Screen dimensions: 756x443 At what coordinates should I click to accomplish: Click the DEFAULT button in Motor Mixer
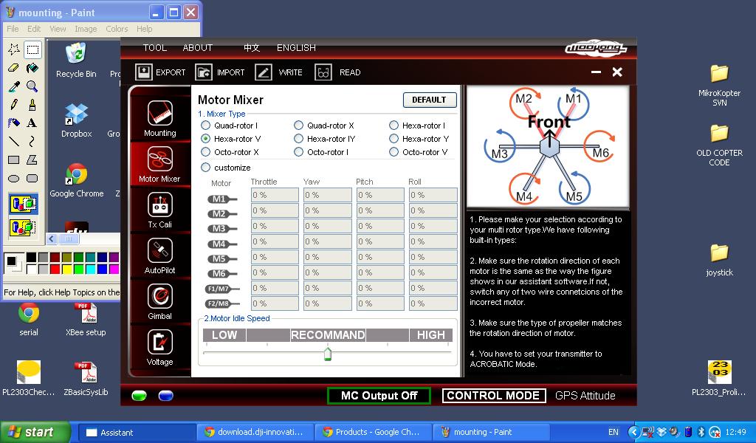point(429,100)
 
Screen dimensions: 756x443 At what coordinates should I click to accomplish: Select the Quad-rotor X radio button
point(298,126)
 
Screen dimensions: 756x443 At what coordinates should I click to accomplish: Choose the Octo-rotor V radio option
point(394,152)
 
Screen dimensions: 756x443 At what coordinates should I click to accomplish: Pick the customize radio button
point(205,168)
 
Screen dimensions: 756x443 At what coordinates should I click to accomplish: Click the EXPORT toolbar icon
point(144,72)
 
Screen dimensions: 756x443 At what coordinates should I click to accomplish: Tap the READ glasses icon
point(323,72)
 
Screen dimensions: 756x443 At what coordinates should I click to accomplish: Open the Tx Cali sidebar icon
point(160,205)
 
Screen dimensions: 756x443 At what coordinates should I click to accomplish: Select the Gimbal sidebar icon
point(160,296)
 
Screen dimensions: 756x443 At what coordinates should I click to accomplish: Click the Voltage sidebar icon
point(160,342)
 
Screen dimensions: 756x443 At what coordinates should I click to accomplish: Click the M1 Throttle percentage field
point(275,195)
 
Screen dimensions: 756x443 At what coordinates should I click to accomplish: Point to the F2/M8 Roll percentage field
point(433,303)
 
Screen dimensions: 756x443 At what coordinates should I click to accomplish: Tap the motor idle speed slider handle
point(328,354)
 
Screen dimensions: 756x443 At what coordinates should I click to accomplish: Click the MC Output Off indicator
point(379,396)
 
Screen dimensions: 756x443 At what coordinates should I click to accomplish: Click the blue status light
point(166,396)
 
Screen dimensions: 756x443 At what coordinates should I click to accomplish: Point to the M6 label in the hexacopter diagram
point(601,153)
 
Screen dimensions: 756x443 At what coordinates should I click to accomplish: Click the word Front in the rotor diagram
point(549,122)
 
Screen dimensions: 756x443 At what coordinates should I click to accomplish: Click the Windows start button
point(35,432)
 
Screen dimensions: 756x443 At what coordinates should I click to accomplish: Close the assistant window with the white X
point(617,72)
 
